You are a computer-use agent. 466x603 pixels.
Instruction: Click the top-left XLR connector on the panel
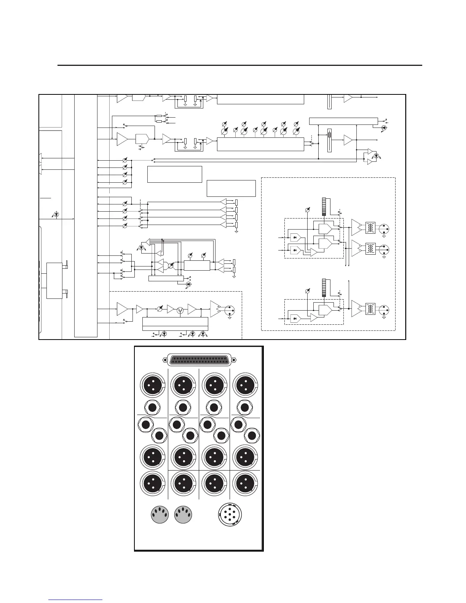tap(152, 385)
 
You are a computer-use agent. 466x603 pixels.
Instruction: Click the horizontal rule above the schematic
tap(240, 65)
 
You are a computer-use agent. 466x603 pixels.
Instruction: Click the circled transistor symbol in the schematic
tap(180, 310)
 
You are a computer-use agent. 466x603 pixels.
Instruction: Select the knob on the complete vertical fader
tap(330, 134)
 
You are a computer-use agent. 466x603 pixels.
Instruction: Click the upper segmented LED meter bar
tap(324, 207)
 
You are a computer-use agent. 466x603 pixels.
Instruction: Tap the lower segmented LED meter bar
tap(324, 287)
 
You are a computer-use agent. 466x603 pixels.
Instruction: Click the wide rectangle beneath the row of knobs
tap(260, 144)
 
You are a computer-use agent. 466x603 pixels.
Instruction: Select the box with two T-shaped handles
tap(54, 280)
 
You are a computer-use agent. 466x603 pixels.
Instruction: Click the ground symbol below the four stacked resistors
tap(236, 231)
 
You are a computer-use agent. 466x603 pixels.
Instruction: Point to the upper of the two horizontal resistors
tap(160, 115)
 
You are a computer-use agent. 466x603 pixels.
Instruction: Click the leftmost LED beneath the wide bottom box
tap(164, 333)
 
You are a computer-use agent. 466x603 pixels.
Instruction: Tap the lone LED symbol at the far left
tap(57, 214)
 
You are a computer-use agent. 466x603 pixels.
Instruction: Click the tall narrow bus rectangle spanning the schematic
tap(86, 215)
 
